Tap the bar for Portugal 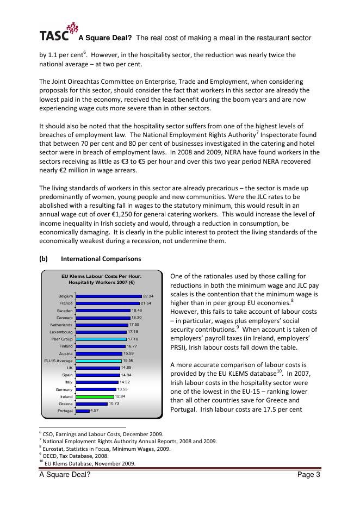coord(82,411)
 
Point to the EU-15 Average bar coord(98,361)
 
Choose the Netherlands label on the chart coord(61,325)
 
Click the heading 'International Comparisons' coord(101,259)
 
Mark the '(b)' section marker coord(44,259)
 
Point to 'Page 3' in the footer coord(308,475)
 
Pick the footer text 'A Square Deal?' coord(65,475)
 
